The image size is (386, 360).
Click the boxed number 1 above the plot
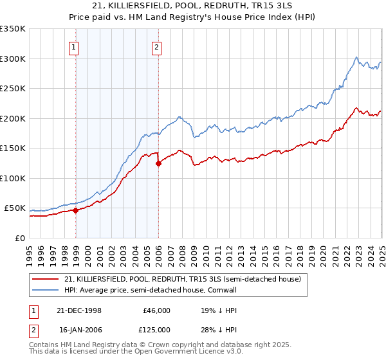tap(75, 46)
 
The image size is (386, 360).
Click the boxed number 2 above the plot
tap(157, 46)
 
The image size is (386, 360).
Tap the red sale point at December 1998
tap(76, 210)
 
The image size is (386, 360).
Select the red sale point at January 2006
tap(159, 163)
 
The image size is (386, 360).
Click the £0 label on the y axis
tap(21, 238)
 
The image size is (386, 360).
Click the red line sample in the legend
tap(47, 279)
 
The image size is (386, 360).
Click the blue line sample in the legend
tap(47, 290)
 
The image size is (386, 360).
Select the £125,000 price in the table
tap(156, 329)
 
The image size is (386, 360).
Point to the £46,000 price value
tap(157, 310)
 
